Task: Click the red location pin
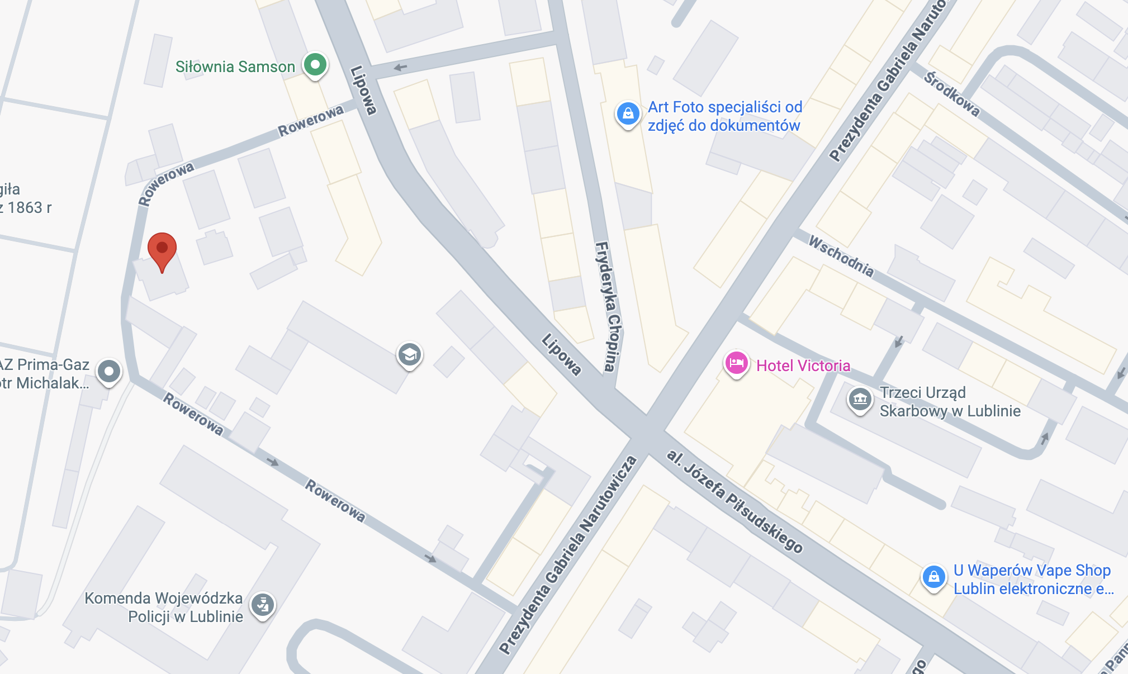click(162, 249)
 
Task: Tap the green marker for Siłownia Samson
click(315, 65)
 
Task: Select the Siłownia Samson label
click(235, 67)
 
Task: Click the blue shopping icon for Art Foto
click(628, 113)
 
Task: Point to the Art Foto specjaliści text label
click(724, 116)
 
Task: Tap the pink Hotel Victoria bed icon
click(736, 363)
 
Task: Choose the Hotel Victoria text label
click(803, 366)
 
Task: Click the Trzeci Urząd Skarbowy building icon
click(860, 399)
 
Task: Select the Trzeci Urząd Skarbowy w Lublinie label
click(950, 402)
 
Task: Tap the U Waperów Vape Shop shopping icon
click(933, 576)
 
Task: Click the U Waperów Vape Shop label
click(1033, 580)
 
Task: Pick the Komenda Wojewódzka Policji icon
click(262, 604)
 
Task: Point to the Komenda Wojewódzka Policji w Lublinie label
click(164, 607)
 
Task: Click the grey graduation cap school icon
click(410, 355)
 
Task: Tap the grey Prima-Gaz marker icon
click(109, 371)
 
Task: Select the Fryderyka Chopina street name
click(609, 306)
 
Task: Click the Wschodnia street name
click(841, 257)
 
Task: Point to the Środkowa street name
click(951, 94)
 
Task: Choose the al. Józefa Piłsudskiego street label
click(734, 501)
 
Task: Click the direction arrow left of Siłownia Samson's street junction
click(400, 68)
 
